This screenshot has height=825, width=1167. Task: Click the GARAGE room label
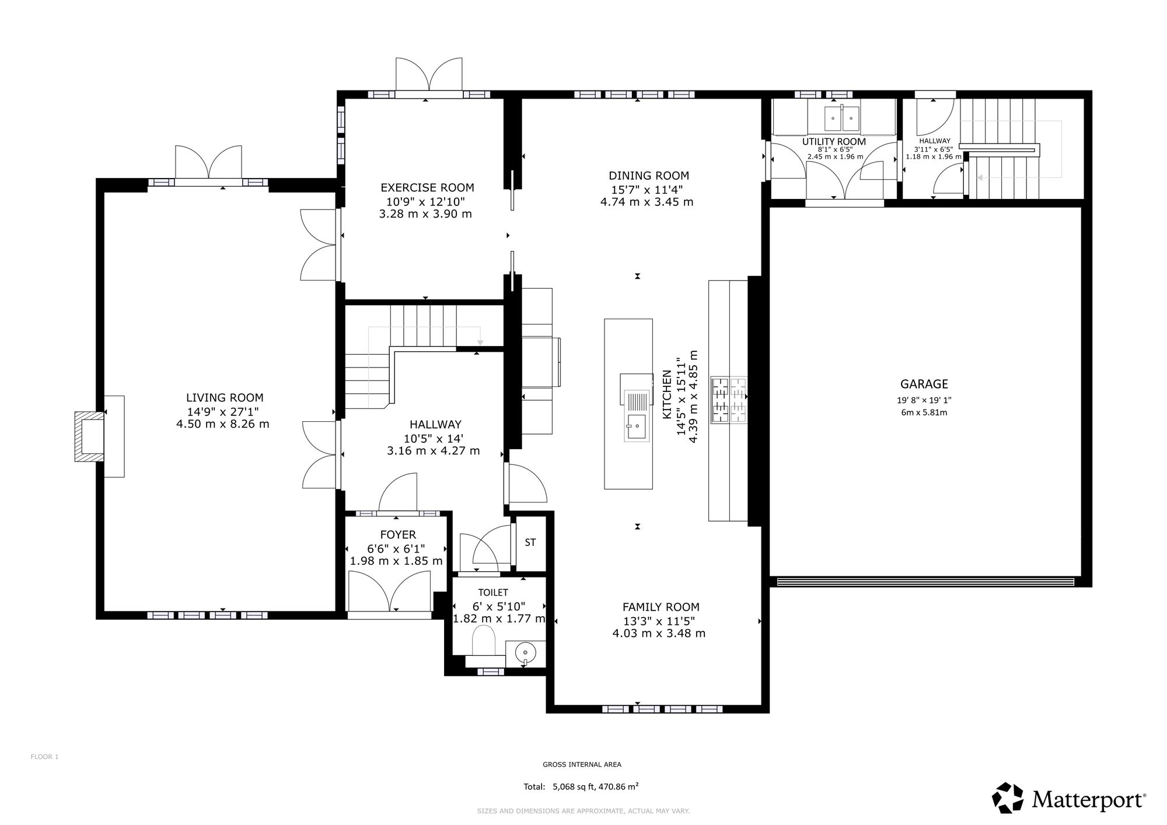pyautogui.click(x=924, y=384)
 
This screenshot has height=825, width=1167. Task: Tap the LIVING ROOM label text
pyautogui.click(x=225, y=398)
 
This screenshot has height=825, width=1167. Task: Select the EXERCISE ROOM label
pyautogui.click(x=427, y=188)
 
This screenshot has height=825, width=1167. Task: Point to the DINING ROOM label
pyautogui.click(x=649, y=176)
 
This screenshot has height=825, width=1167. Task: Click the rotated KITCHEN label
pyautogui.click(x=667, y=394)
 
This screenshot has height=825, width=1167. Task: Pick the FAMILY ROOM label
pyautogui.click(x=661, y=607)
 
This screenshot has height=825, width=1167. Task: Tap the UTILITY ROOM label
pyautogui.click(x=834, y=142)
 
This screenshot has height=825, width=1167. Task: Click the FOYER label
pyautogui.click(x=398, y=535)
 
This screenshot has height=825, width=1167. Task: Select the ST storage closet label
pyautogui.click(x=530, y=543)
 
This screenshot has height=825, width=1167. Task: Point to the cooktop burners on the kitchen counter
pyautogui.click(x=729, y=400)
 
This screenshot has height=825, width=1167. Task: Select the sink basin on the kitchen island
pyautogui.click(x=636, y=428)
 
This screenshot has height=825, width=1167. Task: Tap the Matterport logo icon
pyautogui.click(x=1008, y=798)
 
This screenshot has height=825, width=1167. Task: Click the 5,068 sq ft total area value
pyautogui.click(x=572, y=786)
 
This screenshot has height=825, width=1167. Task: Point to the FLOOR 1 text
pyautogui.click(x=44, y=757)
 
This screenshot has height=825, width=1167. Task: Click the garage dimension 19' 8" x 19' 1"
pyautogui.click(x=924, y=400)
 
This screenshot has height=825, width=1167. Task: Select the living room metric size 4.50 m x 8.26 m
pyautogui.click(x=223, y=424)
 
